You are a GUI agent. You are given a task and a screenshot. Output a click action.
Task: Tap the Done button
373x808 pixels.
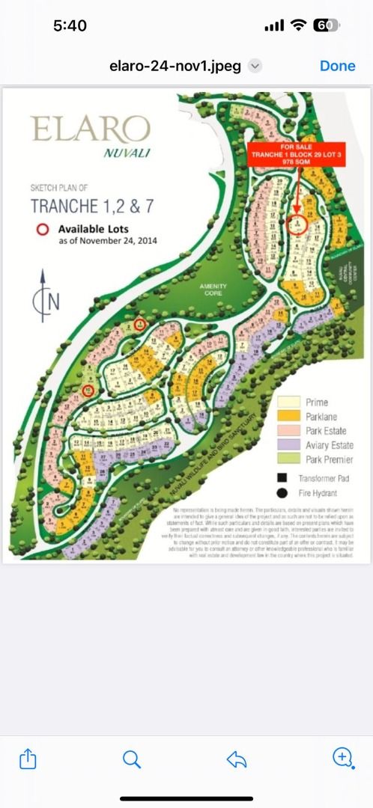tap(337, 66)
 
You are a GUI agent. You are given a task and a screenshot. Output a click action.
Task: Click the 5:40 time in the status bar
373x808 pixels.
tap(70, 25)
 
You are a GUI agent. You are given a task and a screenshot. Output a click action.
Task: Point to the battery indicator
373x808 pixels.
tap(325, 25)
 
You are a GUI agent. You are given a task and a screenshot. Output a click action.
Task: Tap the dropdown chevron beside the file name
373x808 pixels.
tap(255, 66)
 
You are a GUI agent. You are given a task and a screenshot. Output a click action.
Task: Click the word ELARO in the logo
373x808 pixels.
tap(91, 129)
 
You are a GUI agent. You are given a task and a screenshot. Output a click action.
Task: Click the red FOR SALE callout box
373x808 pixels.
tap(297, 155)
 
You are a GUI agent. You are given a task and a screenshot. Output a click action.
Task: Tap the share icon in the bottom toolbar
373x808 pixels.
tap(27, 759)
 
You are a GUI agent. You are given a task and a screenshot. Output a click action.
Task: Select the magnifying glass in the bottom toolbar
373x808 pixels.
tap(132, 759)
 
